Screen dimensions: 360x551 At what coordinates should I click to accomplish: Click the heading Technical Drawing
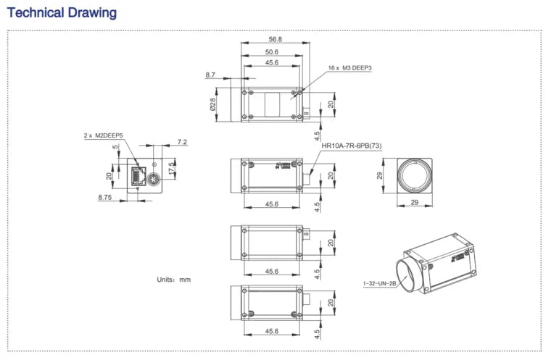point(62,13)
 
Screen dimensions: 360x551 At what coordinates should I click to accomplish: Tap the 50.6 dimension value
point(272,52)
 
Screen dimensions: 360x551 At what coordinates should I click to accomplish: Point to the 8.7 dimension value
point(210,75)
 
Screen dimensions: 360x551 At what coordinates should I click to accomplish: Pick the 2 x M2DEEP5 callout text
point(104,135)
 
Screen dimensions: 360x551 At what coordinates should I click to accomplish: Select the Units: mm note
point(173,279)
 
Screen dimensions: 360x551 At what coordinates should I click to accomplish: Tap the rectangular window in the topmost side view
point(272,104)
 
